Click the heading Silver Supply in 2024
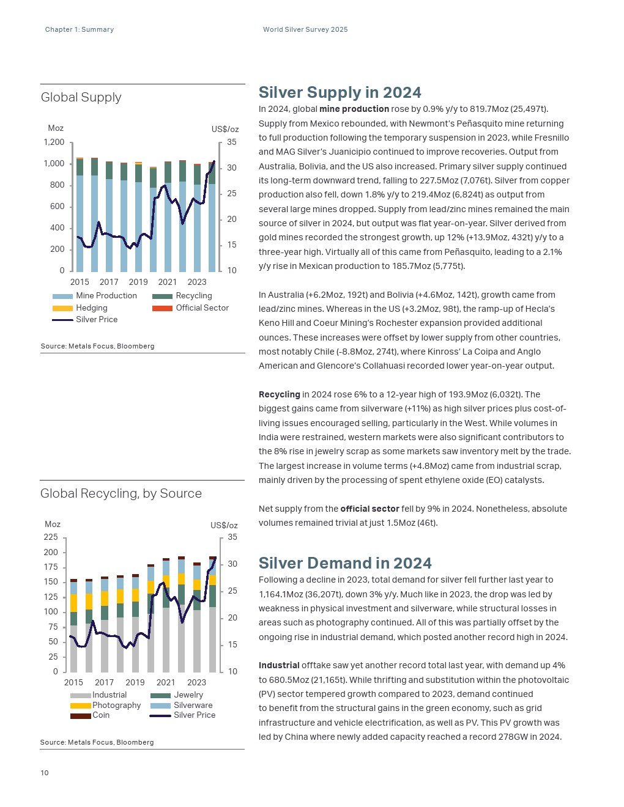(340, 92)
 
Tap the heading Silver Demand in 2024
(345, 563)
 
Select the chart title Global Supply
(81, 97)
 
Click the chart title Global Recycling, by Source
(121, 493)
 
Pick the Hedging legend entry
(91, 308)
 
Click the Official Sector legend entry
(202, 308)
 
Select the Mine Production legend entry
(106, 296)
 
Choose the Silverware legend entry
(193, 705)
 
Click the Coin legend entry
(101, 715)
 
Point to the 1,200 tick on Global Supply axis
(54, 142)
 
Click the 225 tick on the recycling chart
(51, 537)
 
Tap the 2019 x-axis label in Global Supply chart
(138, 282)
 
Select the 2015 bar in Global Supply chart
(80, 220)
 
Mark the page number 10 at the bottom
(45, 773)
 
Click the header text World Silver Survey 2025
(305, 29)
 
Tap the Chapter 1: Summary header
(80, 29)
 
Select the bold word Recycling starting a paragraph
(279, 394)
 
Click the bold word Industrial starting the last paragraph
(279, 665)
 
